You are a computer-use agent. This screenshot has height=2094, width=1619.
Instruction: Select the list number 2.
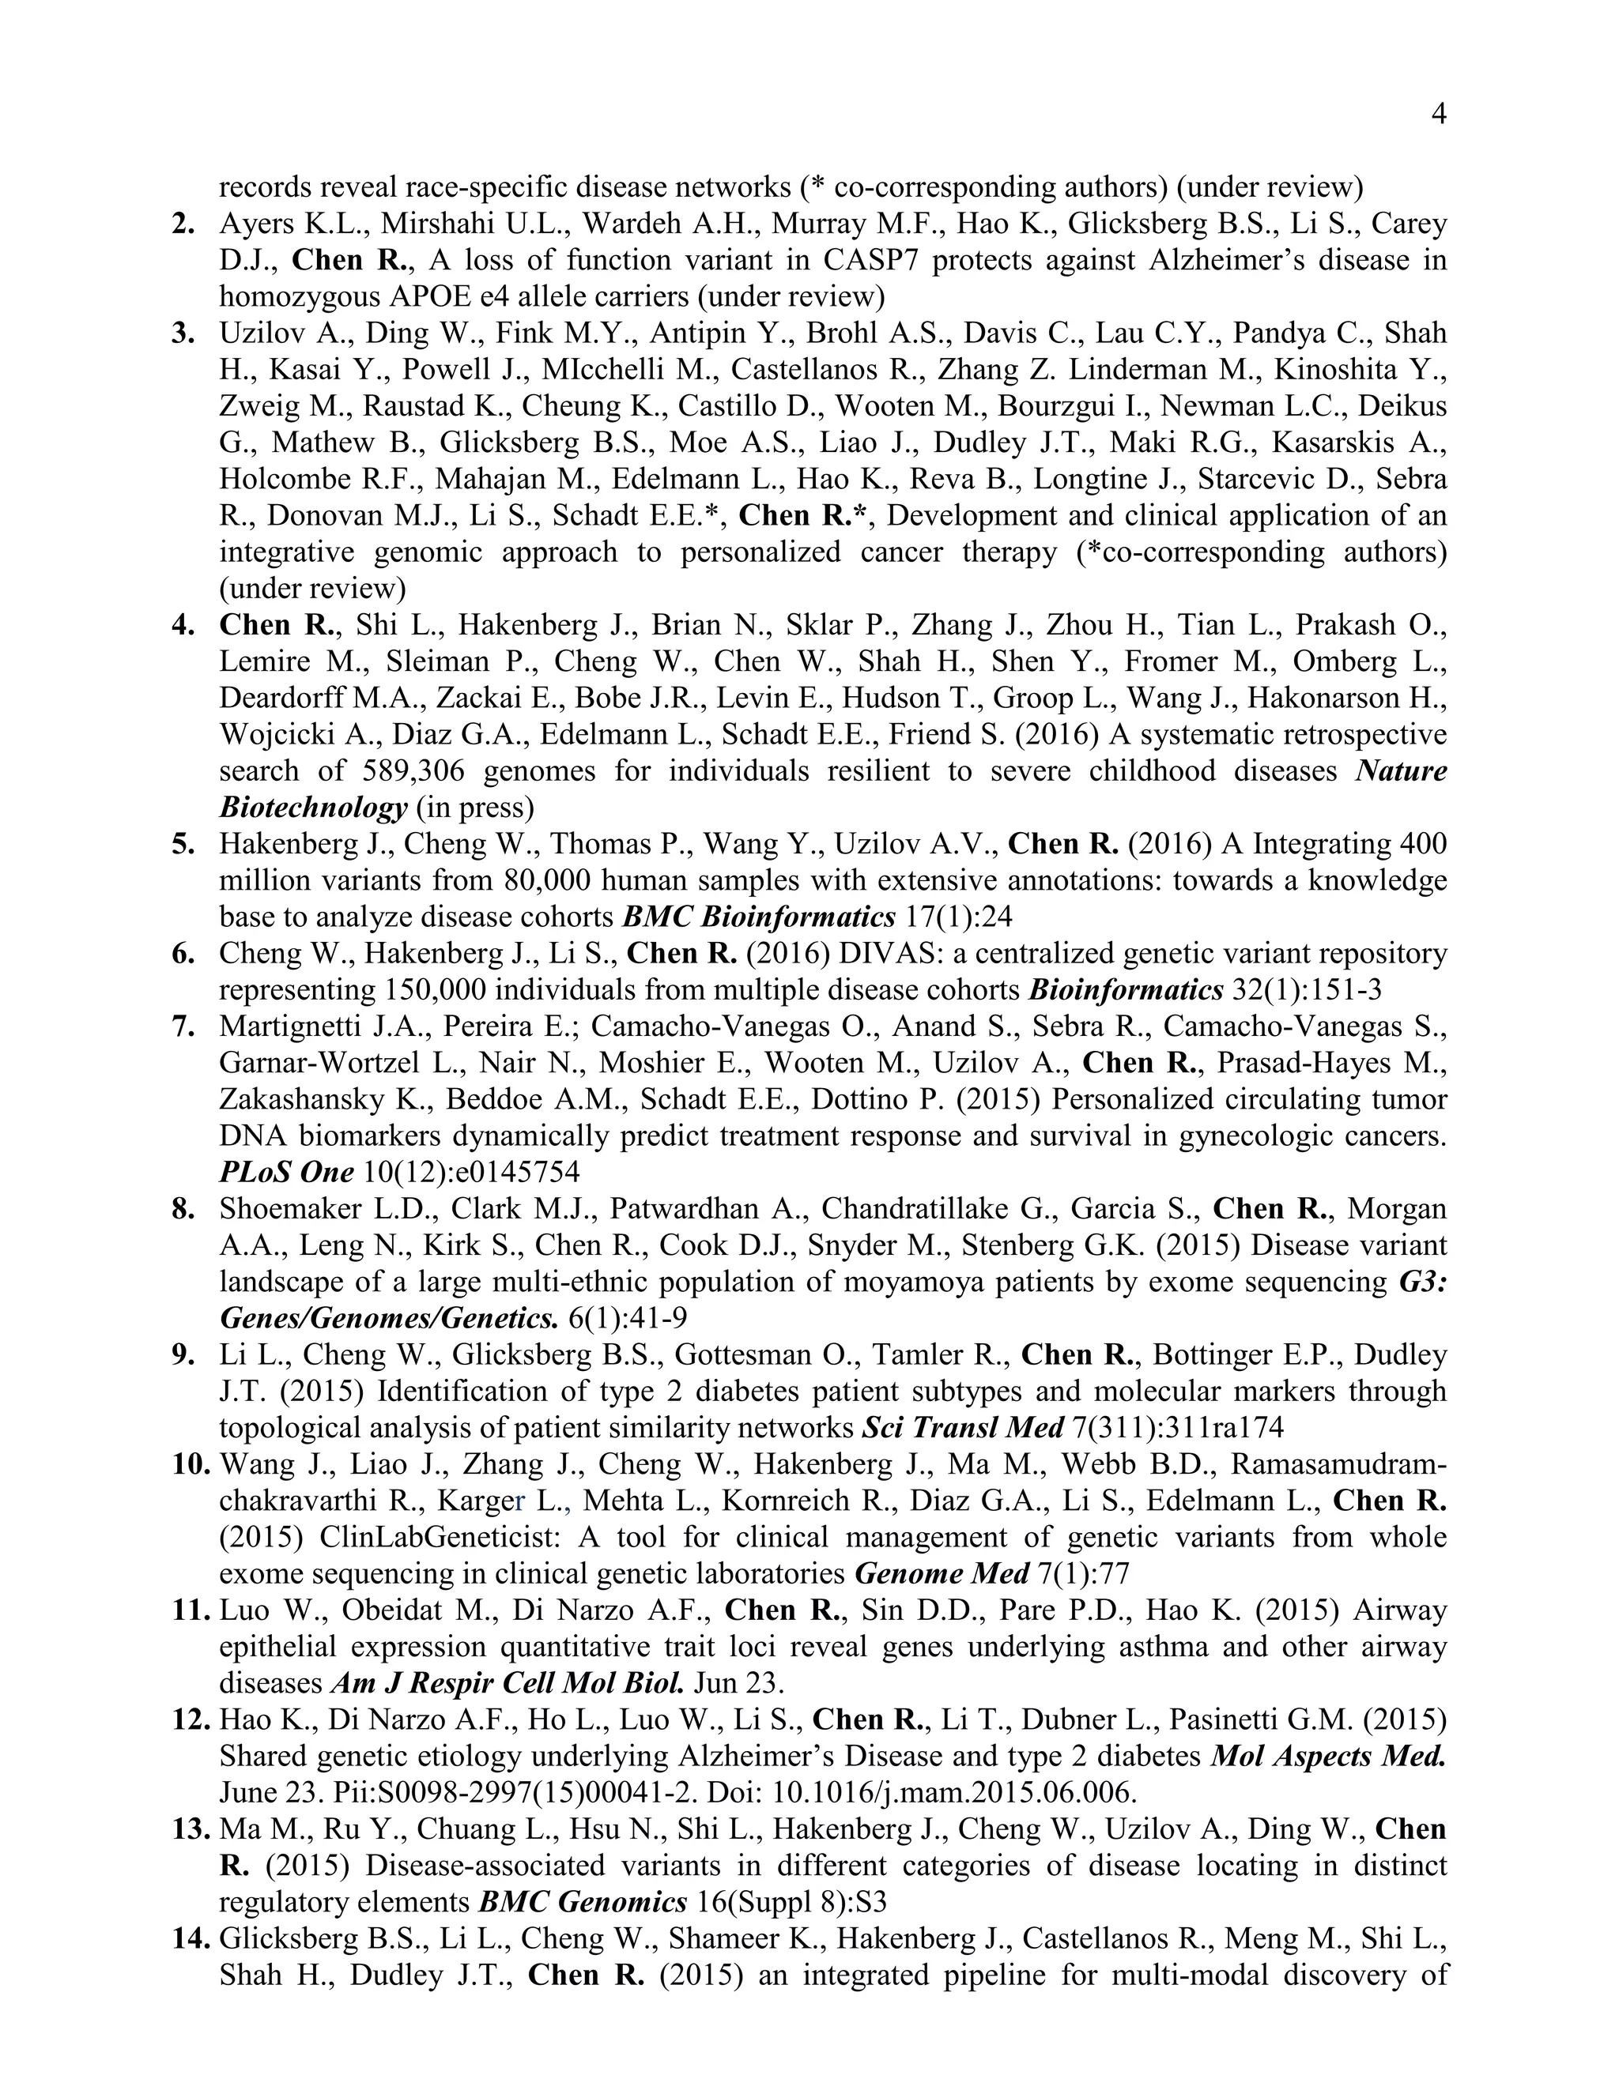coord(183,224)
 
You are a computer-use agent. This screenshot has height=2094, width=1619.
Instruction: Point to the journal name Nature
coord(1400,771)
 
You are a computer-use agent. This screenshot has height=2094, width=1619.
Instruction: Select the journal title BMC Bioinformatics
coord(759,917)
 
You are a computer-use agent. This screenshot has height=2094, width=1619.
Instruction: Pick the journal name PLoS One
coord(287,1172)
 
